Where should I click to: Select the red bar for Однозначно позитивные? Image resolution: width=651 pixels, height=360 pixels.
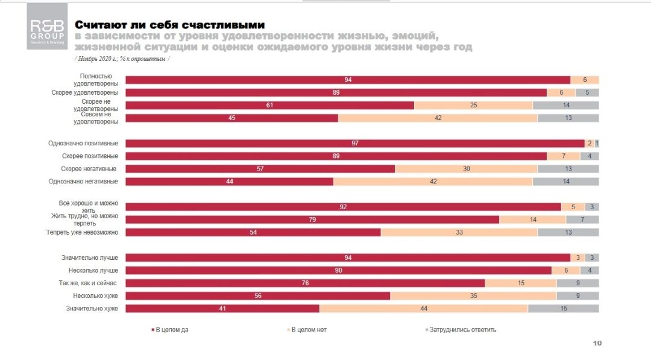coord(355,144)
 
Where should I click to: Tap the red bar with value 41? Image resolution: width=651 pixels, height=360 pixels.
coord(222,308)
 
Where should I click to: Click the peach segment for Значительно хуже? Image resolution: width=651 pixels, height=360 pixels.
coord(424,308)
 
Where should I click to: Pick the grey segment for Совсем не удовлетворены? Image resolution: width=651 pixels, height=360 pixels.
coord(568,118)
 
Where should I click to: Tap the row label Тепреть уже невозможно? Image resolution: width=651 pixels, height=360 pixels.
coord(83,232)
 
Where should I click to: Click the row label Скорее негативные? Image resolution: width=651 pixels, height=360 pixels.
coord(89,169)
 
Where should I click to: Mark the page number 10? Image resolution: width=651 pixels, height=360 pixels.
coord(597,343)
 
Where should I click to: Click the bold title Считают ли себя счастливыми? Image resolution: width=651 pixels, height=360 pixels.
coord(169,25)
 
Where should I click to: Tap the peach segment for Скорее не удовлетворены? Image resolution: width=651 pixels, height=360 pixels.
coord(473,105)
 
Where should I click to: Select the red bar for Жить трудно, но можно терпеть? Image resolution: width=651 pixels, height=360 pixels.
coord(312,219)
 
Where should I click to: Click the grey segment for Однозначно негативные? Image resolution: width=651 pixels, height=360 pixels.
coord(565,182)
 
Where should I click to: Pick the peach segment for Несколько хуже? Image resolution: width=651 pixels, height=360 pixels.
coord(473,295)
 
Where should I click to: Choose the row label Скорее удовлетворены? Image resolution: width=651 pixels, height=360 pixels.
coord(85,93)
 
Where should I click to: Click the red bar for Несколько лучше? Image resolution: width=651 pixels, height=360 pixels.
coord(338,270)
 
